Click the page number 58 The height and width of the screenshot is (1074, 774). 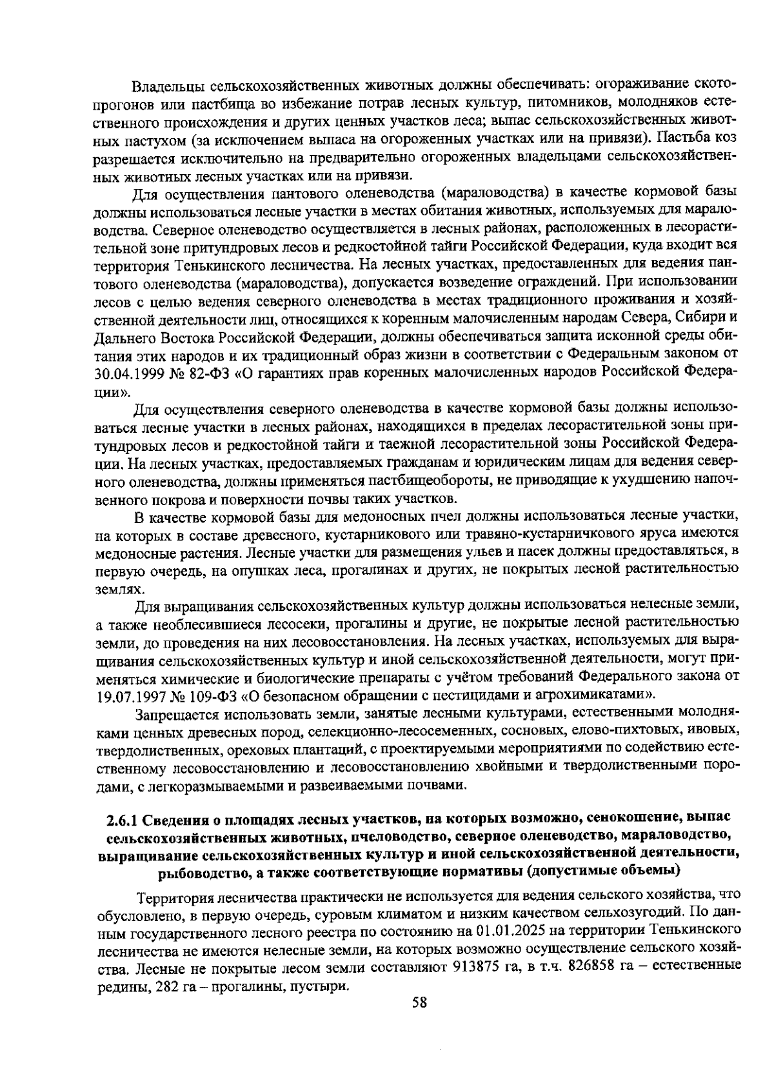[x=419, y=1002]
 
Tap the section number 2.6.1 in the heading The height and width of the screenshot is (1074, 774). [x=122, y=819]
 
